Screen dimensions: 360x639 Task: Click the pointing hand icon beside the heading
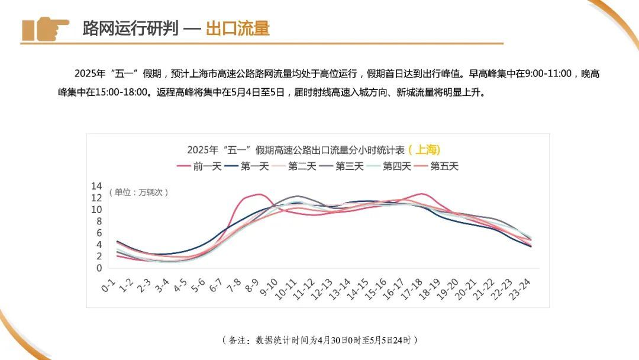point(45,28)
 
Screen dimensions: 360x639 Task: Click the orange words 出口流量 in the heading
point(237,28)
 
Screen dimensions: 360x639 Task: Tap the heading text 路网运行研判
point(130,28)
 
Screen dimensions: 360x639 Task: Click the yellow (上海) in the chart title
point(424,150)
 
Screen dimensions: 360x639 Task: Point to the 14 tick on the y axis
point(96,186)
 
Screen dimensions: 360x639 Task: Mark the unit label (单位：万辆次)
point(138,192)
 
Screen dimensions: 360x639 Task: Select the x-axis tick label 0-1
point(108,287)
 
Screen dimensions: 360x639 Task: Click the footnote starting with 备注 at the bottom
point(319,340)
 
